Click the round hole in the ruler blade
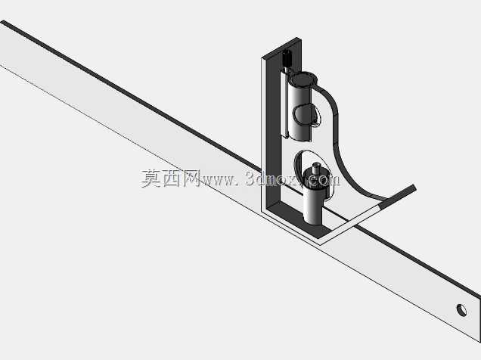461,310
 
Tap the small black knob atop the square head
287,57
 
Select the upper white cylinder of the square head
301,107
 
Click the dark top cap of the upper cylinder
302,79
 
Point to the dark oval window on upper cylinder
305,115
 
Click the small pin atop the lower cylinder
315,169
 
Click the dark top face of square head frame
281,48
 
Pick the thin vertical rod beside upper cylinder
285,104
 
